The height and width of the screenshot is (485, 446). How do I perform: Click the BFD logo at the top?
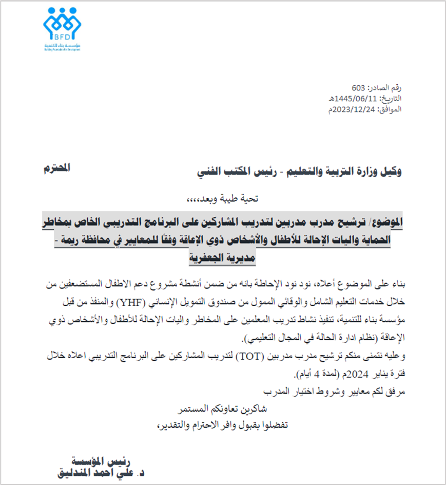tap(62, 28)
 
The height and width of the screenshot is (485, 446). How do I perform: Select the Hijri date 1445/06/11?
tap(363, 99)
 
